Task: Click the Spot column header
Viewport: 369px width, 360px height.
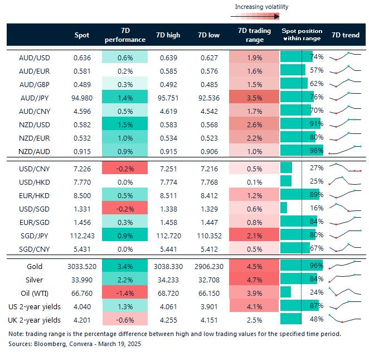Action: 82,35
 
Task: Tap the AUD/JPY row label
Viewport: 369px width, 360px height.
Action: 35,98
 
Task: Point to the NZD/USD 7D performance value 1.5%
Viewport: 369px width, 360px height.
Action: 125,123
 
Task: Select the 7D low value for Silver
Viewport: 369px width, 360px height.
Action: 208,280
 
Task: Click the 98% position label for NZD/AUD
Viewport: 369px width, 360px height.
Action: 317,151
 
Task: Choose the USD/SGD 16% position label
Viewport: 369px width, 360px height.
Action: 317,208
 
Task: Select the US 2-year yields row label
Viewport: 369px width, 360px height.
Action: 35,306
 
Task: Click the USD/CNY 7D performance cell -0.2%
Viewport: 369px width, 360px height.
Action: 125,167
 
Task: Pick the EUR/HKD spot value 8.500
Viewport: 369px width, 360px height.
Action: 82,195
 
